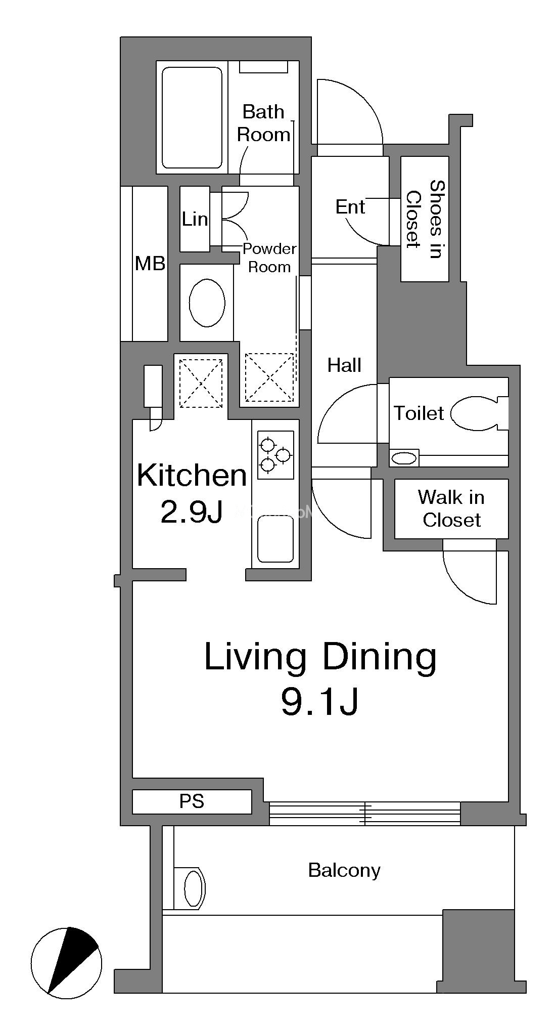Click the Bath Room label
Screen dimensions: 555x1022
pos(263,123)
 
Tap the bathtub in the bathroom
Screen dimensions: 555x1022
pos(192,118)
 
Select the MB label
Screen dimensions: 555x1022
pos(150,263)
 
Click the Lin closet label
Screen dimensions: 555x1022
pos(195,219)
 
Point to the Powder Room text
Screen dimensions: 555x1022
pos(269,258)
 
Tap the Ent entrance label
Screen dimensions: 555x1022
pos(350,206)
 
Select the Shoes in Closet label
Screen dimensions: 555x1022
pos(425,219)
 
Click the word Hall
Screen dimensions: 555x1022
pos(344,365)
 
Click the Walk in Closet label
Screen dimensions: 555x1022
pos(451,508)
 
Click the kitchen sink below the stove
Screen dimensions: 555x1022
pos(275,539)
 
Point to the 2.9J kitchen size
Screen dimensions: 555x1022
pos(192,513)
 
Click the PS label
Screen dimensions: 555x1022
pos(192,801)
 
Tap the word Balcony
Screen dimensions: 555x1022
pos(344,870)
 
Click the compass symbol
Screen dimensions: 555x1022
pos(66,963)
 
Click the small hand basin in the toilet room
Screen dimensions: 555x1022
pos(404,459)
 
